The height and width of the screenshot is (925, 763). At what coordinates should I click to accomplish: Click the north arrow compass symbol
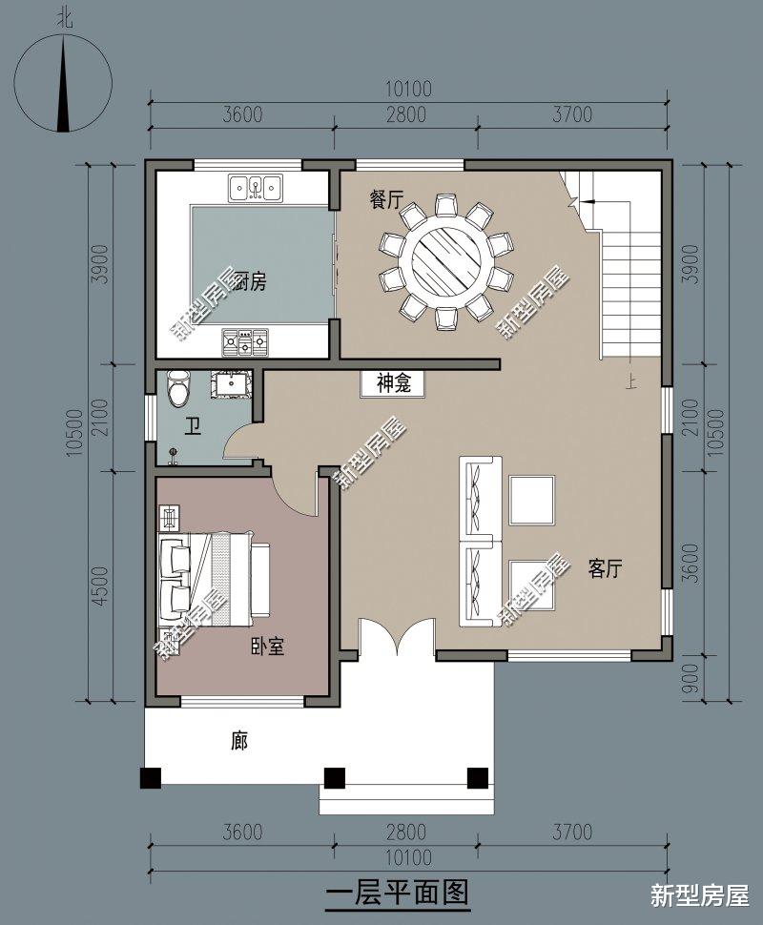63,81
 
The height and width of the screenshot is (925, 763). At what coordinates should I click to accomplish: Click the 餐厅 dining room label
385,200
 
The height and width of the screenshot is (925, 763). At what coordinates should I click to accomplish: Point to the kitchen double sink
255,187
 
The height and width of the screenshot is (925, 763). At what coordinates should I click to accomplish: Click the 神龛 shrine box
392,383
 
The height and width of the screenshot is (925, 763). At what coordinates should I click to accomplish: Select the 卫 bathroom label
194,426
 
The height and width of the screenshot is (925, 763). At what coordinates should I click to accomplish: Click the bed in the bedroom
214,579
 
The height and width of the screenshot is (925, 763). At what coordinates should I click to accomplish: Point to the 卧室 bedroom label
267,647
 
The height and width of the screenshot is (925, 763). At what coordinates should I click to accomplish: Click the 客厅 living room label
605,569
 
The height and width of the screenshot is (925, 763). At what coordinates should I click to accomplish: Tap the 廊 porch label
239,740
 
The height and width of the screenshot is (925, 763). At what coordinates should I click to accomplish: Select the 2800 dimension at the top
404,115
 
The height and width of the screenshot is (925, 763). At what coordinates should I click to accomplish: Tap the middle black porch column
334,777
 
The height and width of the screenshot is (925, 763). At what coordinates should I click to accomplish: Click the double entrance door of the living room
396,639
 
